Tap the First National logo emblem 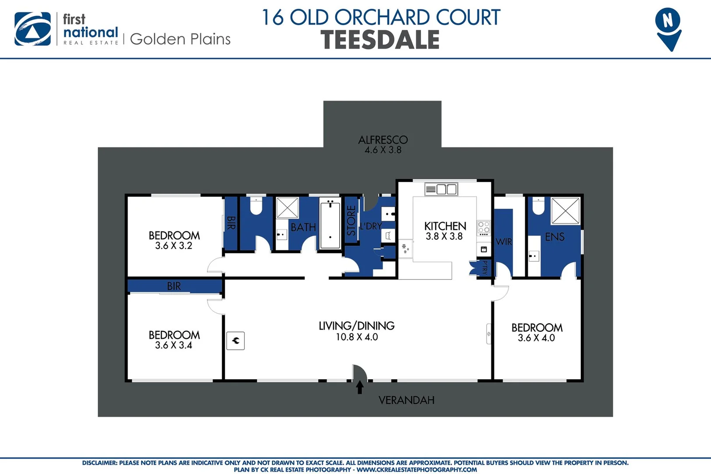(x=32, y=29)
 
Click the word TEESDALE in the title (x=380, y=40)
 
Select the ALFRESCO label (x=383, y=140)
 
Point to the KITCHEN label (x=445, y=226)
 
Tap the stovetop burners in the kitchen (x=483, y=227)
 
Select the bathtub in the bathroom (x=330, y=224)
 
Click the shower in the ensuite (x=565, y=211)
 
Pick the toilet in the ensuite (x=538, y=205)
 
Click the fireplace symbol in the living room (x=235, y=341)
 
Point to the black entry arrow (x=359, y=387)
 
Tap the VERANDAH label (x=406, y=400)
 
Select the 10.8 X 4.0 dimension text (x=357, y=337)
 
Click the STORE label (x=351, y=220)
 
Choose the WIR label (x=504, y=242)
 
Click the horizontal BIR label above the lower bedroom (x=174, y=286)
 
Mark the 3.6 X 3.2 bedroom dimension (x=174, y=246)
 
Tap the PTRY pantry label (x=485, y=267)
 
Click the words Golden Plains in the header (x=180, y=39)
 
